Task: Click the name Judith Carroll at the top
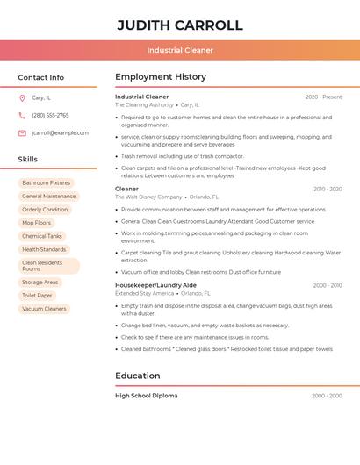point(180,25)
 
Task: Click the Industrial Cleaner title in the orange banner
point(180,50)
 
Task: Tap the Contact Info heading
point(40,77)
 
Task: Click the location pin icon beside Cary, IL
point(22,97)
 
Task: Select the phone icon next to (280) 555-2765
point(22,115)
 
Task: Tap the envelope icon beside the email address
point(22,133)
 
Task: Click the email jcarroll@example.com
point(60,133)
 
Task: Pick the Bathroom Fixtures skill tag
point(46,183)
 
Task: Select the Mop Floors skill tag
point(36,223)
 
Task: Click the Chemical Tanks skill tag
point(41,236)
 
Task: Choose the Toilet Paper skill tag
point(37,296)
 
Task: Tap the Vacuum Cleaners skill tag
point(44,309)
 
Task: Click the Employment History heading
point(161,77)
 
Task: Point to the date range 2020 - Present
point(323,97)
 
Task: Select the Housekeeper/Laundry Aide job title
point(155,285)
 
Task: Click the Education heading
point(137,376)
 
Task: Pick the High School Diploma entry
point(146,396)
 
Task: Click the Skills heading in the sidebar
point(27,160)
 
